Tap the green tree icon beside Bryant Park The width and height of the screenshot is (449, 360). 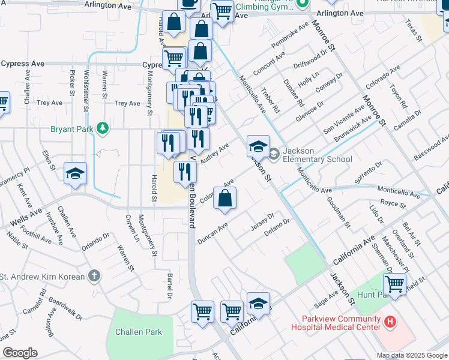pyautogui.click(x=103, y=128)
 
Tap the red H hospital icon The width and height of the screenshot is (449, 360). pyautogui.click(x=390, y=323)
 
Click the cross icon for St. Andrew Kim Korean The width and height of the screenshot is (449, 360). pyautogui.click(x=93, y=277)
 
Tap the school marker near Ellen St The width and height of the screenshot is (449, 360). pyautogui.click(x=75, y=174)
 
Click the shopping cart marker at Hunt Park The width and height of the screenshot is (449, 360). pyautogui.click(x=394, y=283)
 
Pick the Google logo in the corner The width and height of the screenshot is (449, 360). pyautogui.click(x=20, y=352)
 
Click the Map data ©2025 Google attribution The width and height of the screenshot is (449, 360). pyautogui.click(x=411, y=355)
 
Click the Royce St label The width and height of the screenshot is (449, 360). pyautogui.click(x=393, y=204)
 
